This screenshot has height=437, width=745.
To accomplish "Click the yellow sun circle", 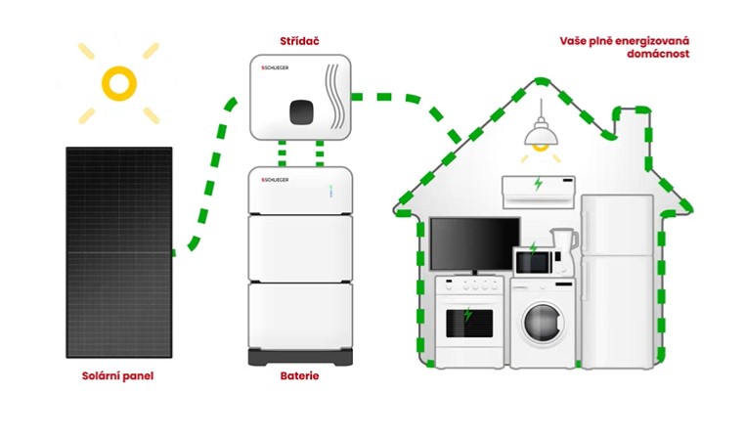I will click(118, 83).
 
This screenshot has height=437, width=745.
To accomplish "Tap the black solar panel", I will click(119, 251).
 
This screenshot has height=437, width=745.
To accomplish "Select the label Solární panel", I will click(117, 375).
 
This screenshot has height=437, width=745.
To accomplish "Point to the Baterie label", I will click(298, 375).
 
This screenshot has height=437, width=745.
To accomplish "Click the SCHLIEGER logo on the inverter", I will click(277, 67).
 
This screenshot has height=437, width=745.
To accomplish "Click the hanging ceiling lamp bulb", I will click(536, 147).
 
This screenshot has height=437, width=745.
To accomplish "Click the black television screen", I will click(474, 242).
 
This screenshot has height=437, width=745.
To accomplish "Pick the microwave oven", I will click(533, 260).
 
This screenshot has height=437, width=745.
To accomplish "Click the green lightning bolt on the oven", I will click(468, 316).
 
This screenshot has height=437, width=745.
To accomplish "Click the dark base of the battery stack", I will click(298, 356).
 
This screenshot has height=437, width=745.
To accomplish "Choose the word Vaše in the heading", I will click(574, 40).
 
